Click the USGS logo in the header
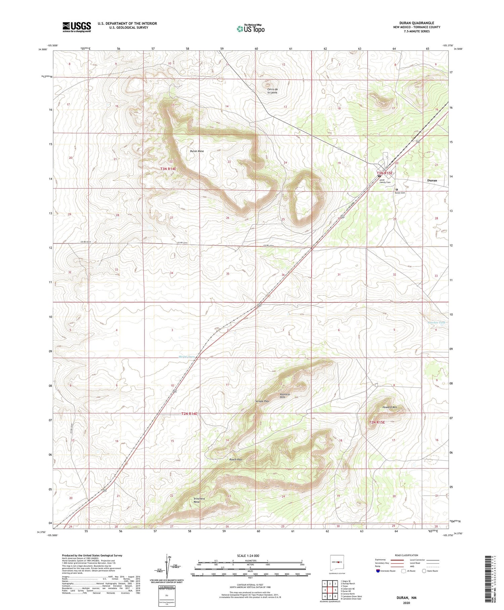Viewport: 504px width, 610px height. [77, 27]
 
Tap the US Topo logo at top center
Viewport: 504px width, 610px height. [251, 29]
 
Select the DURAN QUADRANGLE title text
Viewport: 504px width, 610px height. [416, 23]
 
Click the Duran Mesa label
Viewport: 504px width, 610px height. [197, 151]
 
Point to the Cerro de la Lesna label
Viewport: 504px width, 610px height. [272, 91]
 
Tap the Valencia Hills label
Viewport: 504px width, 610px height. [285, 396]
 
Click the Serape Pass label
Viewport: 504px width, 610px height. [262, 401]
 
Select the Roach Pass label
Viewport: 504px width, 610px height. [236, 459]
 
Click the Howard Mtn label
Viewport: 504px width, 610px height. [390, 407]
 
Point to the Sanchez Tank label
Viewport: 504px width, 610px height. [436, 322]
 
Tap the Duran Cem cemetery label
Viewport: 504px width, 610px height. [400, 193]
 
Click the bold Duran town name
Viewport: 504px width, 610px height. [432, 180]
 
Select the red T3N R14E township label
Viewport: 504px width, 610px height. [168, 169]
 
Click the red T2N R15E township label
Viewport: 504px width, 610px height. [377, 422]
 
